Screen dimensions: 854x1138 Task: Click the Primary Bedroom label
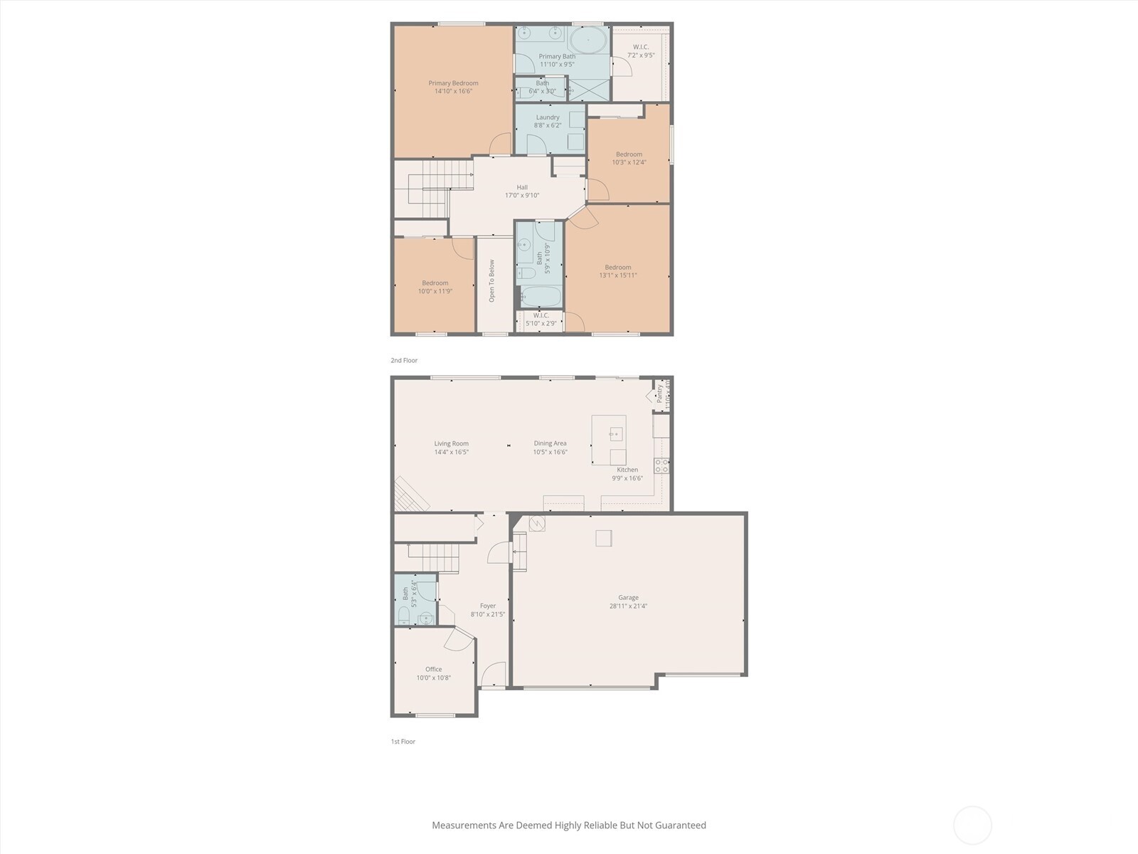coord(453,83)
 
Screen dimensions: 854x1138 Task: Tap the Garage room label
coord(628,598)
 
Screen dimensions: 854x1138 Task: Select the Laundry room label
coord(548,117)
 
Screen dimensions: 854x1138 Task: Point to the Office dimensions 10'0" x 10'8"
coord(434,678)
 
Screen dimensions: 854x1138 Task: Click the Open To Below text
coord(491,280)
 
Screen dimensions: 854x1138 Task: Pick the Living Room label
coord(452,443)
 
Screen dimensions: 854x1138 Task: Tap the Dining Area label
coord(551,443)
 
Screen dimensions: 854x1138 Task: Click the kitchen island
coord(609,440)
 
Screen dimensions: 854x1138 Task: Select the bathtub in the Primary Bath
coord(588,39)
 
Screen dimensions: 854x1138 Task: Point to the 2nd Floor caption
coord(404,360)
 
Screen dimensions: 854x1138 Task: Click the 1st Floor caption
coord(403,742)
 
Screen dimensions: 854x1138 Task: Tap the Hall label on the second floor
coord(522,187)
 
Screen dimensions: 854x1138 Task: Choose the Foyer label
coord(488,606)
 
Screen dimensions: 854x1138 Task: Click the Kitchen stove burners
coord(661,466)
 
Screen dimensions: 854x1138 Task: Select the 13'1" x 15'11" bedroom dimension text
coord(617,275)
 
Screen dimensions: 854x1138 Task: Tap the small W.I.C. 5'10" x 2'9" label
coord(541,315)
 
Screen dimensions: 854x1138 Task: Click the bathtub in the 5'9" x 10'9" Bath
coord(541,296)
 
